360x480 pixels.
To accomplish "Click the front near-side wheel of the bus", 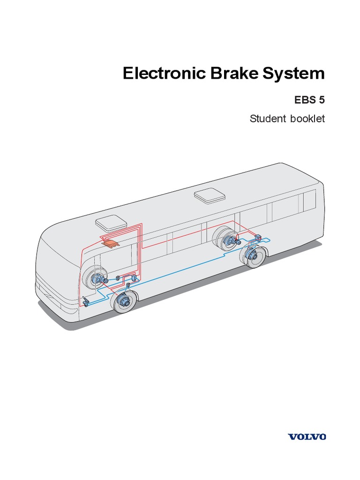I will click(x=124, y=301).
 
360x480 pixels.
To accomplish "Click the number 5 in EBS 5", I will click(x=321, y=100).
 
